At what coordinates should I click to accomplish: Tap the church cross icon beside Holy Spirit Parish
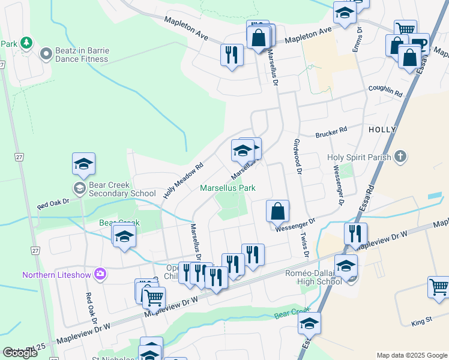point(398,158)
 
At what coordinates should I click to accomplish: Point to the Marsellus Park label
point(228,188)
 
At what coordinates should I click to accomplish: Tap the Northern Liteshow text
point(57,275)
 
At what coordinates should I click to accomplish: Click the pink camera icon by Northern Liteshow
point(100,274)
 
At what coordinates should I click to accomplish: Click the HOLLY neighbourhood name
point(382,130)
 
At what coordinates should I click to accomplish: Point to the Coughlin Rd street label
point(385,91)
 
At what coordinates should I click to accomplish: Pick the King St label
point(421,322)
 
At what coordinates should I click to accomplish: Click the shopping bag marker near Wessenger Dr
point(278,211)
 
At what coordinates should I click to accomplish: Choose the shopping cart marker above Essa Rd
point(405,29)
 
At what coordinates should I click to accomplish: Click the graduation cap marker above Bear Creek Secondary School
point(84,163)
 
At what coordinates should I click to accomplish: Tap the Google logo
point(20,353)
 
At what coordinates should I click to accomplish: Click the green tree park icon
point(26,43)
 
